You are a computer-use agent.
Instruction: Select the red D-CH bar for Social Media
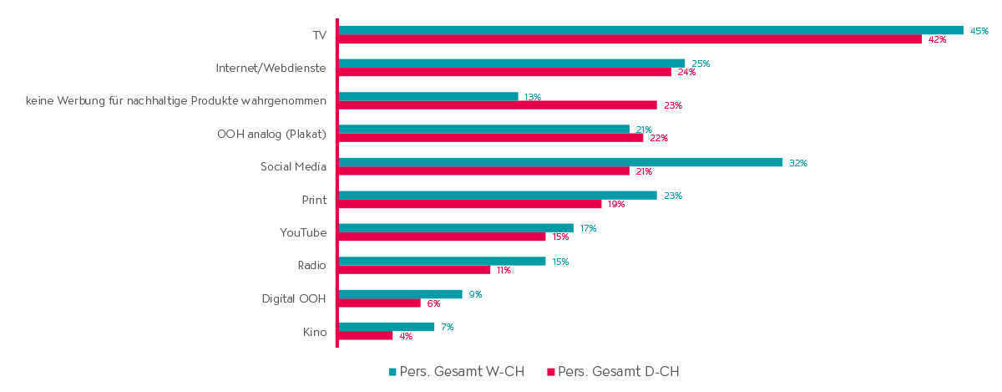point(483,171)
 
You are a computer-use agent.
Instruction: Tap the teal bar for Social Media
point(559,162)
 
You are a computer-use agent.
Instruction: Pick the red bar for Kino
point(365,336)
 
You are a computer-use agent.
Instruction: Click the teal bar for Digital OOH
point(400,294)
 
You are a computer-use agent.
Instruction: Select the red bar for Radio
point(414,270)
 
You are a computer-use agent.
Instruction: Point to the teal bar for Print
point(497,196)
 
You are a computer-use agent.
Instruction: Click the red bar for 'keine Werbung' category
point(497,105)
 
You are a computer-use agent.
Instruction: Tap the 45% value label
point(979,31)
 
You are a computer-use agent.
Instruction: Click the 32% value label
point(797,163)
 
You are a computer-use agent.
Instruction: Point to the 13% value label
point(532,97)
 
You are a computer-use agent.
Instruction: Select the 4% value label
point(406,336)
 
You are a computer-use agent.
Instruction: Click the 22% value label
point(658,138)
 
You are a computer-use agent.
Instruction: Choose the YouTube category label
point(303,232)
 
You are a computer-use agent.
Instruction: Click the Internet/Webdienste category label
point(271,69)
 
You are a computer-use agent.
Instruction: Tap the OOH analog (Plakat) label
point(271,134)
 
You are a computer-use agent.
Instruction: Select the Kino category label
point(315,333)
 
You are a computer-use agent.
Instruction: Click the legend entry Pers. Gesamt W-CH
point(462,372)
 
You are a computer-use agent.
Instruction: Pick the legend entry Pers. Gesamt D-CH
point(618,372)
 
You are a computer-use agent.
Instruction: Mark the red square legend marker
point(551,372)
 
